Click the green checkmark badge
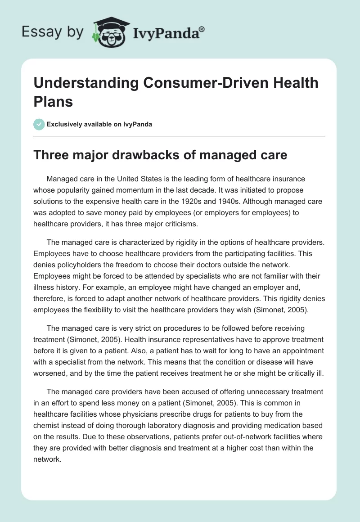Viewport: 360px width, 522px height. [x=39, y=124]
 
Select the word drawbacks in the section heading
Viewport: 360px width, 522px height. [x=137, y=155]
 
